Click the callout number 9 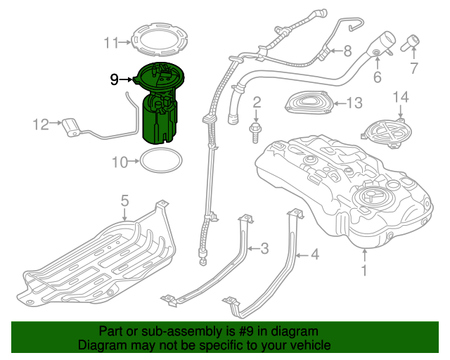(114, 79)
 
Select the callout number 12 (40, 125)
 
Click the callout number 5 (124, 202)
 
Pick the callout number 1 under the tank (364, 269)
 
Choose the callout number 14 (401, 96)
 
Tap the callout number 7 (413, 68)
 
